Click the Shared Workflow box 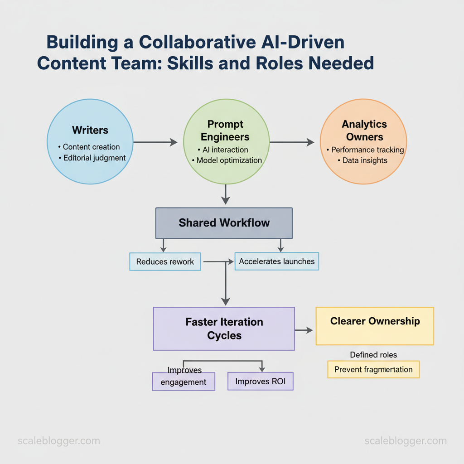pos(224,223)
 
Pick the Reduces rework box pos(165,262)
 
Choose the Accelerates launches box pos(276,261)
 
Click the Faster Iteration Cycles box pos(224,329)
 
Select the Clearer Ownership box pos(375,326)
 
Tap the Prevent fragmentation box pos(373,369)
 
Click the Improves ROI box pos(260,381)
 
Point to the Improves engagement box pos(184,382)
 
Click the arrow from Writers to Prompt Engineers pos(155,142)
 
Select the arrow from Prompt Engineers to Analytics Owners pos(292,142)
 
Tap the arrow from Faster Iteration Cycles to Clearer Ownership pos(304,330)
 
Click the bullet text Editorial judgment pos(94,158)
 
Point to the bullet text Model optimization pos(229,160)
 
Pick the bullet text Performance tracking pos(367,150)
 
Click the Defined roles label pos(373,355)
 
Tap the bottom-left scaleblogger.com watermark pos(58,441)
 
